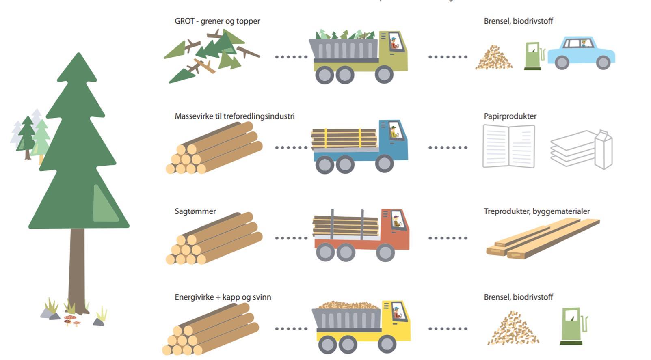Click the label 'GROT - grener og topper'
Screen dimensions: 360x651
pos(217,21)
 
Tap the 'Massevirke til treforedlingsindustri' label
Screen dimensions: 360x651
pos(234,116)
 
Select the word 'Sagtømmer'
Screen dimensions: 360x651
pos(195,211)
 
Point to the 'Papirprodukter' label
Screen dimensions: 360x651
pos(510,116)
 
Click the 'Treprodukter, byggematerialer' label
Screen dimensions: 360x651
pos(536,211)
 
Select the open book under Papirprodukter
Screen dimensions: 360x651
pos(508,147)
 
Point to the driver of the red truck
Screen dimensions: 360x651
pos(396,221)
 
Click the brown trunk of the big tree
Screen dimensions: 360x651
pos(77,268)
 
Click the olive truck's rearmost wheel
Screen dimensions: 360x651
pos(324,75)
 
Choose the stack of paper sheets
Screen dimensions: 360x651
pos(573,148)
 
